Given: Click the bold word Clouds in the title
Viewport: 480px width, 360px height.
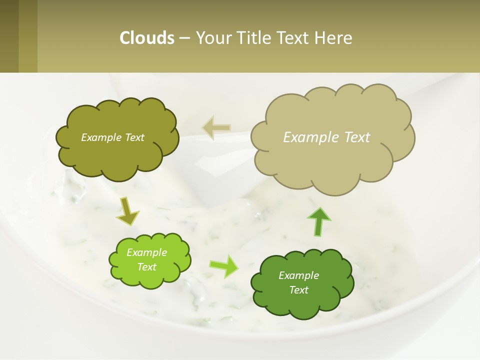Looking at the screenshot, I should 147,38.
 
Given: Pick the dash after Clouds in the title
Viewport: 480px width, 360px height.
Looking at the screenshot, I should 184,38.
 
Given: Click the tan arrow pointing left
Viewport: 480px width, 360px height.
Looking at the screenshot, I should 216,127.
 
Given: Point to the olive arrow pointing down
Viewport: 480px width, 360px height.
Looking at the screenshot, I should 127,211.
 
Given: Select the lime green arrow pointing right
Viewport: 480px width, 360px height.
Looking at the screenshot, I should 223,265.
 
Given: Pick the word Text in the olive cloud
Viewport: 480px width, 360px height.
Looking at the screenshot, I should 134,137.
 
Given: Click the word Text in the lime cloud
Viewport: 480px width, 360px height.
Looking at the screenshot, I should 146,267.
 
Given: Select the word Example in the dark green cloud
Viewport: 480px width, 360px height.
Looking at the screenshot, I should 298,275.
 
